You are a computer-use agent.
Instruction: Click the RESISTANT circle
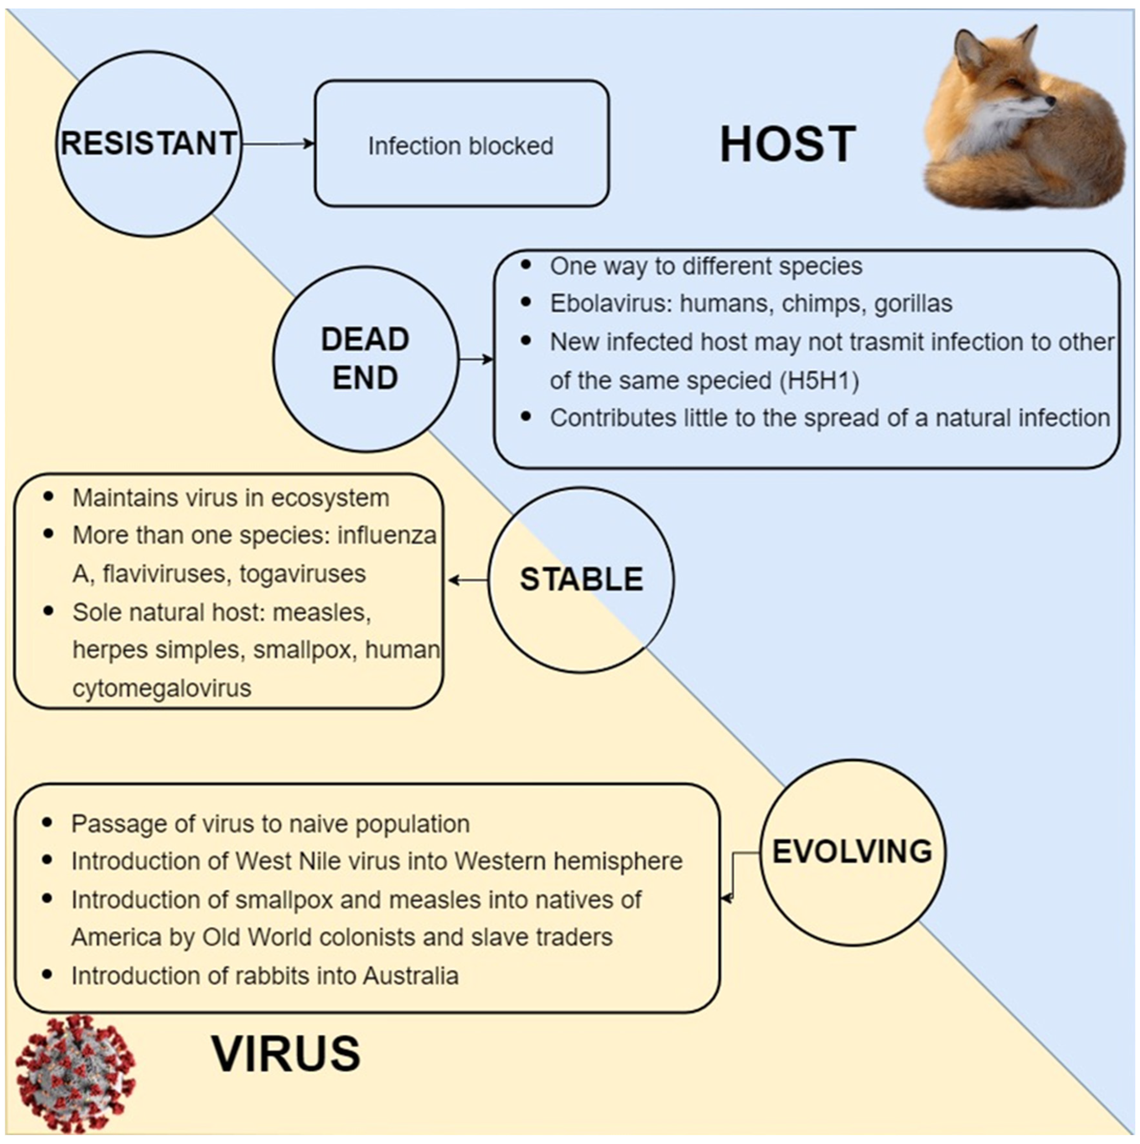pos(149,144)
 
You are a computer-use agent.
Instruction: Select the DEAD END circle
pos(365,359)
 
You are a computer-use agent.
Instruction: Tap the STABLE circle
pos(581,580)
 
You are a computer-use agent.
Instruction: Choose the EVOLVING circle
pos(852,852)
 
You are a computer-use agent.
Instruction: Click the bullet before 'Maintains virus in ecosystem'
pos(48,496)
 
